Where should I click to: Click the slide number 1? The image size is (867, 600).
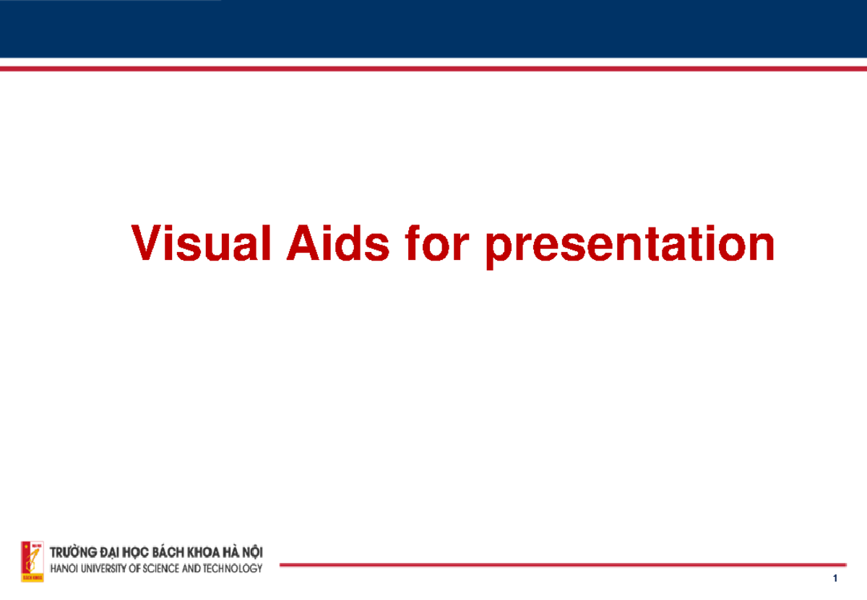click(834, 580)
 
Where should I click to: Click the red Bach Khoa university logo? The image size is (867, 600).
click(33, 561)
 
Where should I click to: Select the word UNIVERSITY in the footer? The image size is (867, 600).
click(109, 569)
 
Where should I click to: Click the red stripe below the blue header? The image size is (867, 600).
click(433, 68)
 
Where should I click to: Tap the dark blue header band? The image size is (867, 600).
click(433, 29)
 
